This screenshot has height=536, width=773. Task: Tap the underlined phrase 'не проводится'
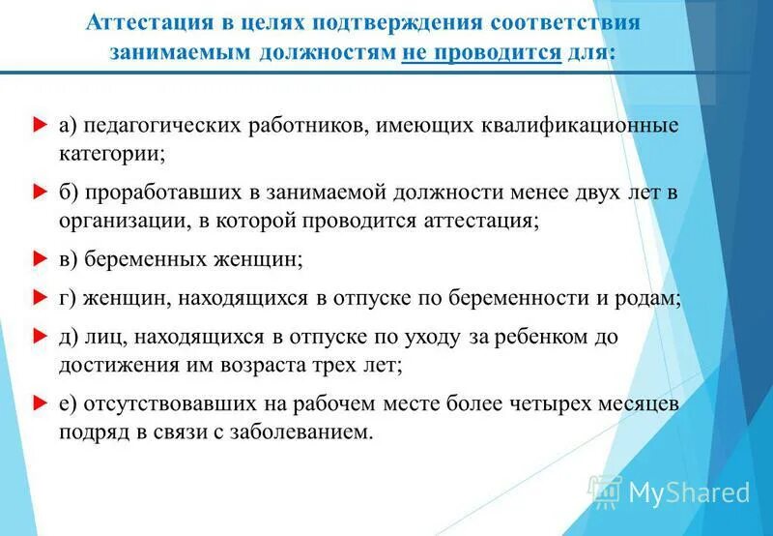tap(481, 52)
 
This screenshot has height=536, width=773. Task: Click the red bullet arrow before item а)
tap(39, 125)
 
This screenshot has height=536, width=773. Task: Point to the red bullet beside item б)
tap(39, 193)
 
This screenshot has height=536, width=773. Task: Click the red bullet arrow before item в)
tap(39, 259)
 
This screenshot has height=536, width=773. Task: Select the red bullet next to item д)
tap(39, 337)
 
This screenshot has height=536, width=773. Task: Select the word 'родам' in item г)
tap(647, 299)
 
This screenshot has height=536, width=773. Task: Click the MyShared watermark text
tap(689, 492)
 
